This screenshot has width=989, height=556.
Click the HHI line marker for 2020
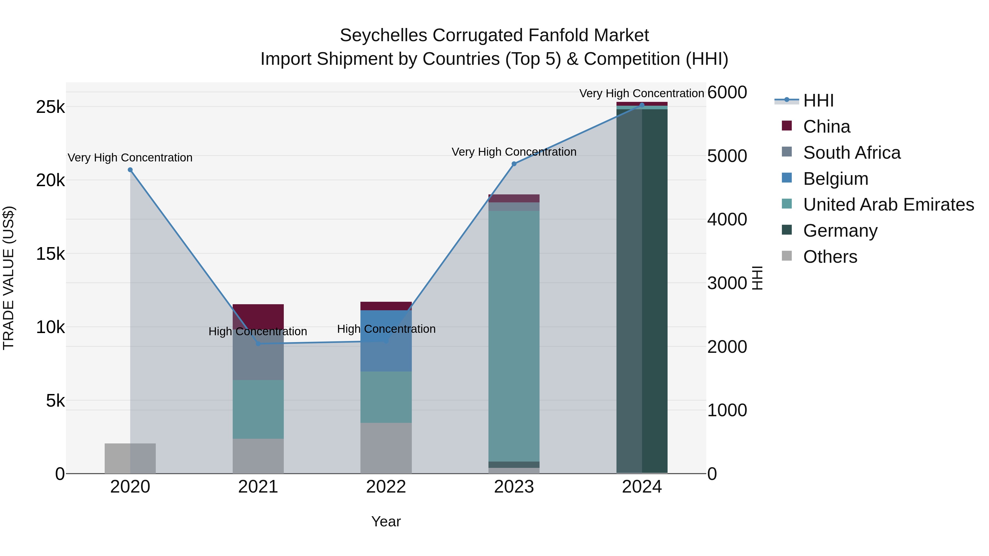tap(130, 170)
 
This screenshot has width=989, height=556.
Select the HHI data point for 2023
tap(514, 164)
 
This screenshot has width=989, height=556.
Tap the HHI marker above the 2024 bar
tap(642, 105)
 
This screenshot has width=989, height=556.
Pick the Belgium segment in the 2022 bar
tap(386, 341)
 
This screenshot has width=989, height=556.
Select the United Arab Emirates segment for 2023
tap(514, 336)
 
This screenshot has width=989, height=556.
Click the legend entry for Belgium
tap(835, 179)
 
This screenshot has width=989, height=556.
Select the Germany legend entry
tap(840, 231)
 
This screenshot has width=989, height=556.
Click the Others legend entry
tap(830, 257)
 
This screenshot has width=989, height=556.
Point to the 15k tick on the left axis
tap(50, 254)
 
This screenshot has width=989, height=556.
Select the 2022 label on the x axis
tap(386, 487)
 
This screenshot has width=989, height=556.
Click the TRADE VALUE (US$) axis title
tap(9, 278)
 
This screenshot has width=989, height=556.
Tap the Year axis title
tap(386, 521)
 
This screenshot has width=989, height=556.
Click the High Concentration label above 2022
tap(386, 329)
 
